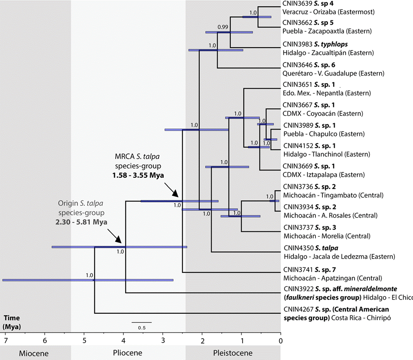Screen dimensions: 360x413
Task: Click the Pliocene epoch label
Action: click(128, 353)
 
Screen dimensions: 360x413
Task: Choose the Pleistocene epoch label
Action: click(233, 353)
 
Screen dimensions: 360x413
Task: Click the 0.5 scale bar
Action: click(141, 327)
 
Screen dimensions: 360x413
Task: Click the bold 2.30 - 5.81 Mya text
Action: click(81, 222)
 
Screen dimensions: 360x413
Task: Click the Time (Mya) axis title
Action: click(12, 322)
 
